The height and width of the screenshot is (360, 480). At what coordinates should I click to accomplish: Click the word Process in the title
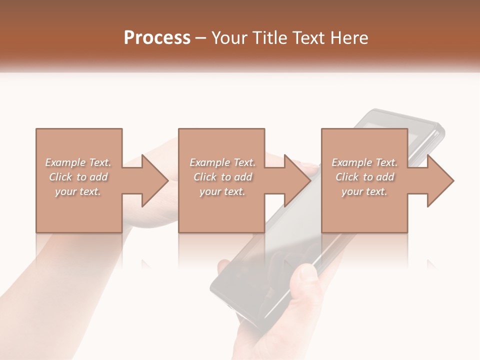[x=157, y=38]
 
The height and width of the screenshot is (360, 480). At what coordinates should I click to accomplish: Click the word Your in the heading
[x=229, y=38]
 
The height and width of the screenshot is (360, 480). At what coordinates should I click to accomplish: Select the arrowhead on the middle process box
[x=296, y=180]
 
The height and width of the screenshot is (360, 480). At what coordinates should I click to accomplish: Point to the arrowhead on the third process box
[x=439, y=180]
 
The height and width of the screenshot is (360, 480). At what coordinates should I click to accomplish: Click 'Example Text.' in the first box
[x=78, y=162]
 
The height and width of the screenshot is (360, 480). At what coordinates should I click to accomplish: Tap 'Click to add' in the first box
[x=78, y=177]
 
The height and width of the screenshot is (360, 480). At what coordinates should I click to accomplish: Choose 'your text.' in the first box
[x=78, y=191]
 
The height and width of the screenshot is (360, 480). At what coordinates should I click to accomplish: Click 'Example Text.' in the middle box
[x=222, y=162]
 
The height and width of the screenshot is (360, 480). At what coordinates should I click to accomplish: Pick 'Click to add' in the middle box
[x=222, y=177]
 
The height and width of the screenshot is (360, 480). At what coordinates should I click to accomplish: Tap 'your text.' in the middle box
[x=222, y=191]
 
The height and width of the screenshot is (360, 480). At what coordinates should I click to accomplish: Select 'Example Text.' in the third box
[x=364, y=162]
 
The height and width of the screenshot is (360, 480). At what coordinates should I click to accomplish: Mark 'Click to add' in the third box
[x=364, y=177]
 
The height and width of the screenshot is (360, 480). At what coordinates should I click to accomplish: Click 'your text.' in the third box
[x=364, y=191]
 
